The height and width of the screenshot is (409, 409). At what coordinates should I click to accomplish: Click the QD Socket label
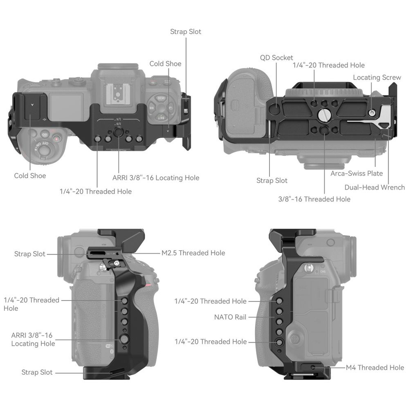point(276,58)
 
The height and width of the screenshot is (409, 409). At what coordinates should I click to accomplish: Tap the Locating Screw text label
point(377,77)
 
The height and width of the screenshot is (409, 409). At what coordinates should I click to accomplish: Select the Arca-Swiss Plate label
point(357,173)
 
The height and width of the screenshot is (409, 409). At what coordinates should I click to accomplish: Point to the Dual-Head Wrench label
point(374,187)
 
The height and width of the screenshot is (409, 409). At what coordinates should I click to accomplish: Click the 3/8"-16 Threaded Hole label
point(314,199)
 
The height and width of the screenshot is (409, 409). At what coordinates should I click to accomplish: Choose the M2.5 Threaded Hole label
point(193,253)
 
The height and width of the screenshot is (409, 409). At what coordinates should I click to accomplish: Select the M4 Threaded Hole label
point(375,367)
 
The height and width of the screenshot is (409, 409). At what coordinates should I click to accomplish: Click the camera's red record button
point(57,139)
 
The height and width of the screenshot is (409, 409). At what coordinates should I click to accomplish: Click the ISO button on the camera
point(45,134)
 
